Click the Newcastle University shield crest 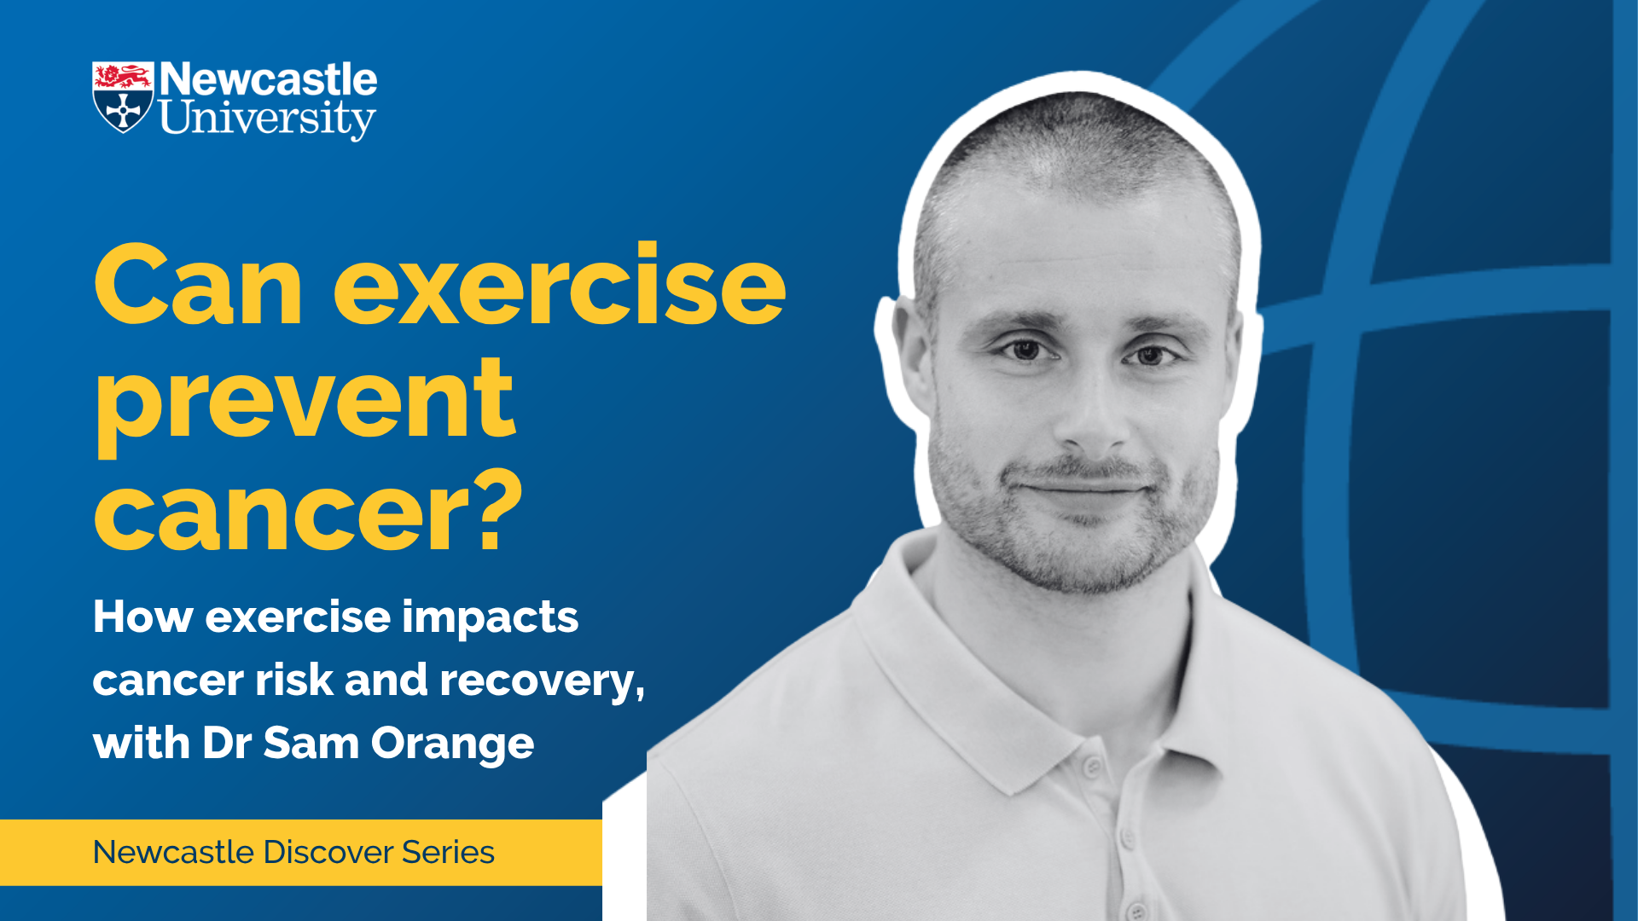click(x=123, y=97)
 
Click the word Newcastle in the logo click(x=269, y=79)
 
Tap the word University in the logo click(x=268, y=119)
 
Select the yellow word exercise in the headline click(x=560, y=286)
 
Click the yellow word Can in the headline click(x=198, y=286)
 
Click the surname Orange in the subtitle click(x=453, y=744)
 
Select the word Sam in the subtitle click(x=311, y=743)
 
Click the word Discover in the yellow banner click(x=328, y=852)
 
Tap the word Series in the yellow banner click(x=449, y=852)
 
